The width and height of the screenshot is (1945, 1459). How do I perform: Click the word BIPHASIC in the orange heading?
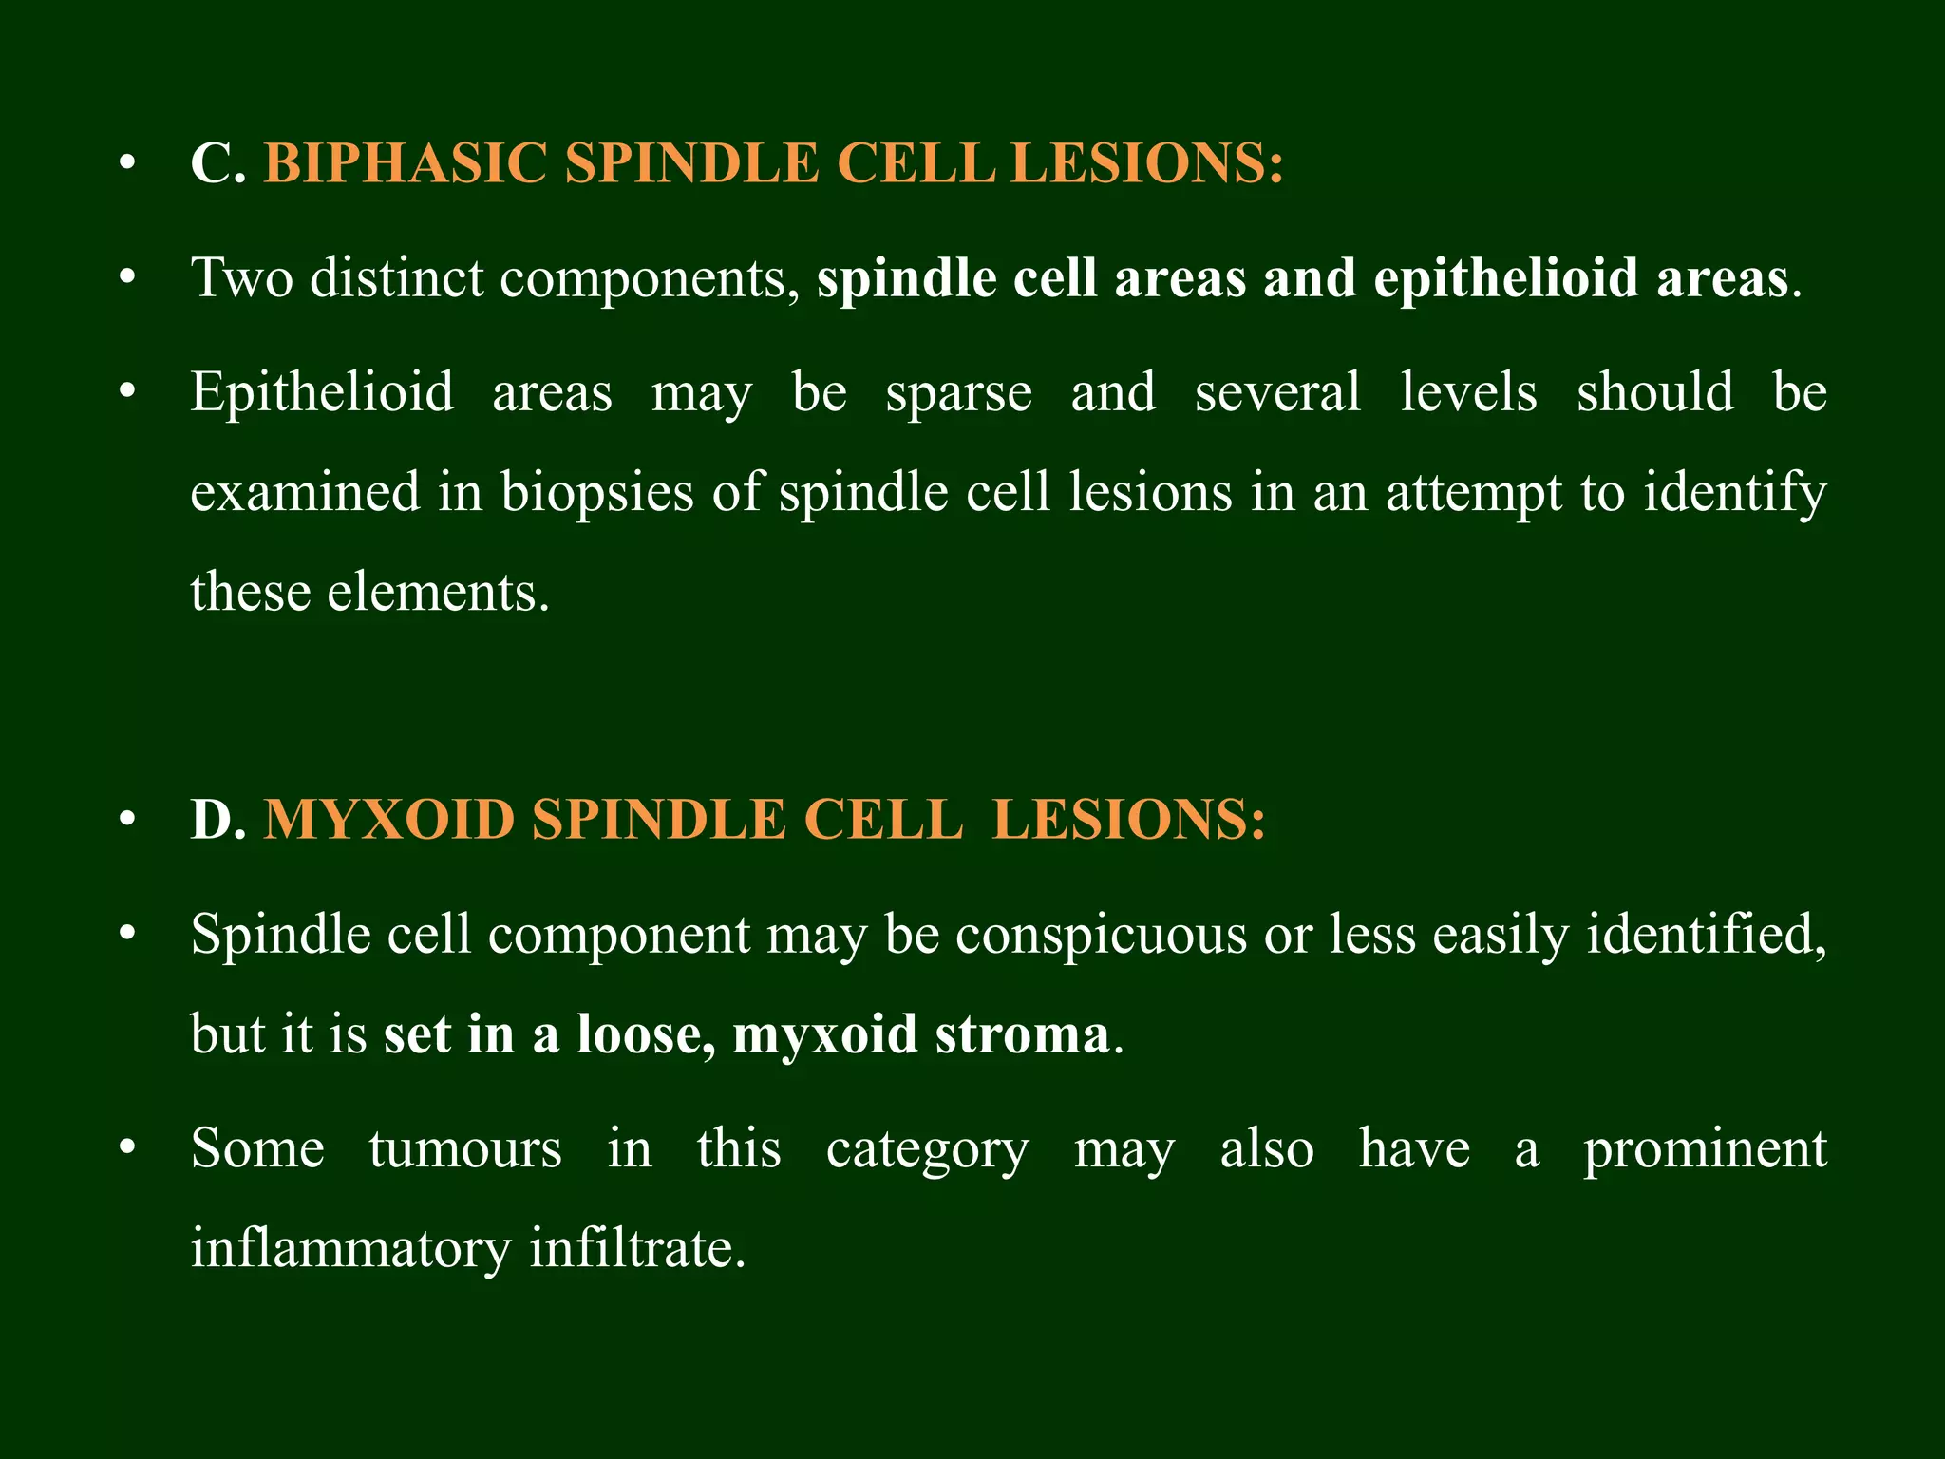(405, 162)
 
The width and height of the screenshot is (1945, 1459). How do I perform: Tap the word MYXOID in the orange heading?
(387, 819)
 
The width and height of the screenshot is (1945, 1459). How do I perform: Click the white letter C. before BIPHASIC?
(217, 162)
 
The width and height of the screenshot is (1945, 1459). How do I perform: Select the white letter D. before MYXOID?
(217, 819)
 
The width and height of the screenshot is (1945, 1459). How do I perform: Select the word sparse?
(958, 392)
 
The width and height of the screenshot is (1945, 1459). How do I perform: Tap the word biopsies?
(597, 492)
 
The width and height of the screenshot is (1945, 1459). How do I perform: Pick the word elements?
(437, 592)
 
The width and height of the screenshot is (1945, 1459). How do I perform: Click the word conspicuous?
(1101, 935)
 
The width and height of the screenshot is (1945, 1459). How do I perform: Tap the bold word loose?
(646, 1033)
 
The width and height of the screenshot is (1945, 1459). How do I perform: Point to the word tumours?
(465, 1148)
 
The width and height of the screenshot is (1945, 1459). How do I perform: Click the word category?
(927, 1148)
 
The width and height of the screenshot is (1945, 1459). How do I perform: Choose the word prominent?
(1705, 1148)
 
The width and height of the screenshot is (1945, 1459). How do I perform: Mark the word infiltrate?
(636, 1248)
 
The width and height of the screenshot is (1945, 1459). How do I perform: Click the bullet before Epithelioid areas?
(127, 392)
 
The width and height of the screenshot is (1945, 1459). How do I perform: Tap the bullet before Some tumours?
(127, 1148)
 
